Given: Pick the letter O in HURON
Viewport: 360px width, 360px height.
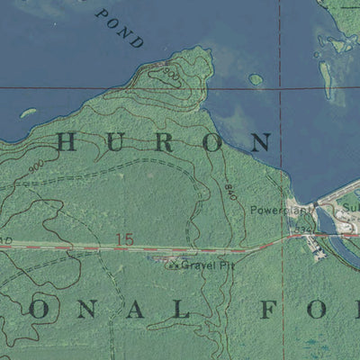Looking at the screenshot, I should pyautogui.click(x=211, y=141).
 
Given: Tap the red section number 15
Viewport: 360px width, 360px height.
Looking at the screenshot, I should pyautogui.click(x=124, y=238).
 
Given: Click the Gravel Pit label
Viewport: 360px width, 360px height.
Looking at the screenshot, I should pyautogui.click(x=201, y=265).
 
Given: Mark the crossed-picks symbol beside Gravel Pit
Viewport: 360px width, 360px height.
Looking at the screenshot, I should pyautogui.click(x=173, y=265).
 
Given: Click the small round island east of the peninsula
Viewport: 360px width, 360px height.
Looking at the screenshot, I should pyautogui.click(x=256, y=79).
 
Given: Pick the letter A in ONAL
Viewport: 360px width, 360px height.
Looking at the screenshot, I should pyautogui.click(x=130, y=310).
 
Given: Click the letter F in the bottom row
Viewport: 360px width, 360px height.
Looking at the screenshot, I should pyautogui.click(x=268, y=310).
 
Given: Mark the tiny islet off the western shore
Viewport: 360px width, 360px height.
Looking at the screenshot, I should pyautogui.click(x=27, y=113).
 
